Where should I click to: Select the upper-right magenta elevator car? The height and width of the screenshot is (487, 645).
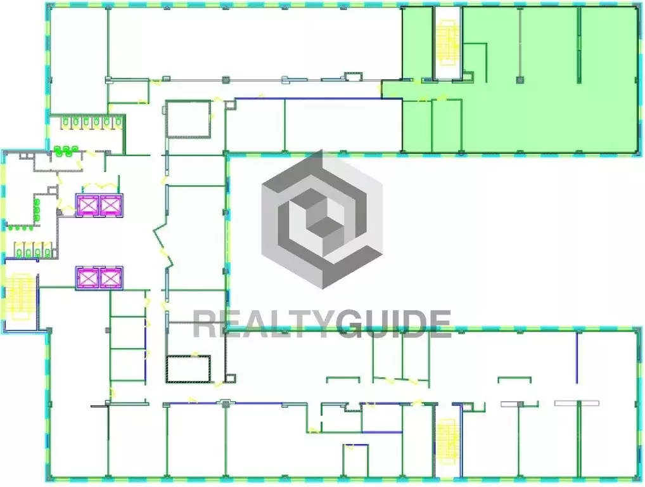110,205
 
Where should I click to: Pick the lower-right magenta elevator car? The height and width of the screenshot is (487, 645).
110,278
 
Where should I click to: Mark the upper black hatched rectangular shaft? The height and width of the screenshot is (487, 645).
188,119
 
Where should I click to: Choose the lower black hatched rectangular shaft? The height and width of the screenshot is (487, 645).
188,368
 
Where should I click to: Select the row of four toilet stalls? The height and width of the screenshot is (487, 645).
31,250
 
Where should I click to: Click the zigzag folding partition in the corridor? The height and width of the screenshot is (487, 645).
162,244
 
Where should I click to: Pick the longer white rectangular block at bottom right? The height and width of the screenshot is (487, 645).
577,403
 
